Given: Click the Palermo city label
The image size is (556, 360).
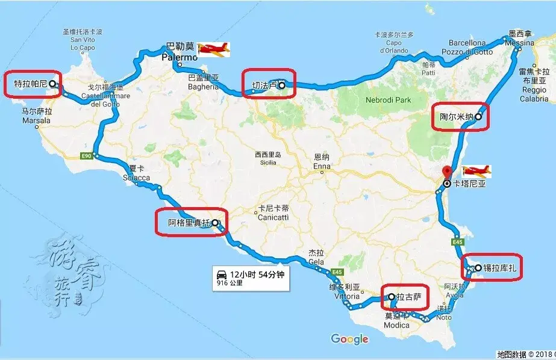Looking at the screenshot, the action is pos(178,57).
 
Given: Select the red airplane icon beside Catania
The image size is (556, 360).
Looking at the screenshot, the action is pos(476,172).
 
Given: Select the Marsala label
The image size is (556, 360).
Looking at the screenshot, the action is pos(36,120).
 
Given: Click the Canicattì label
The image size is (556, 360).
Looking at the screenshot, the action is pos(273,217).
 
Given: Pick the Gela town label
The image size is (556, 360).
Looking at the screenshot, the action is pos(316,263).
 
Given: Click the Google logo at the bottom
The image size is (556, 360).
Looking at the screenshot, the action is pos(349,340).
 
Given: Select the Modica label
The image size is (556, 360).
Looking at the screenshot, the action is pos(397,325).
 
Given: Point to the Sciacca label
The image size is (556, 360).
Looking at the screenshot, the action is pos(136,178).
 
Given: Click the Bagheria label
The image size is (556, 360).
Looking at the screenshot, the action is pos(202,87).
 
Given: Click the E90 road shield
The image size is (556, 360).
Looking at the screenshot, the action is pos(86,157).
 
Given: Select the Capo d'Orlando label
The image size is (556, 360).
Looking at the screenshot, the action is pos(394,47).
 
